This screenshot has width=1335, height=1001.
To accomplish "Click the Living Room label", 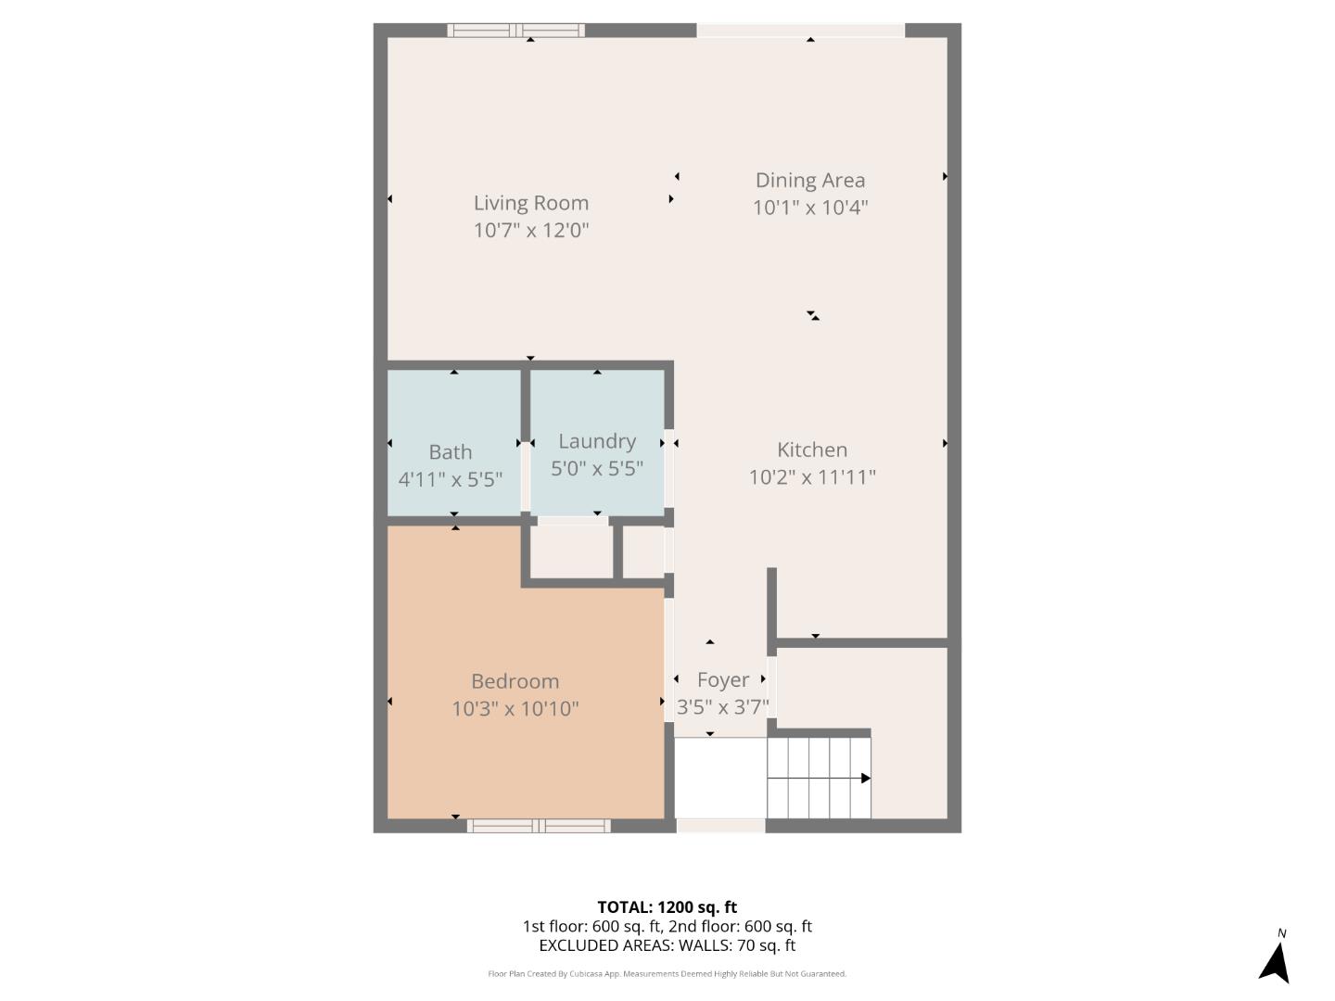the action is (531, 202).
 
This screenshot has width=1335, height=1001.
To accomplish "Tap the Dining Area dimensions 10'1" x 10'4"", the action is (810, 208).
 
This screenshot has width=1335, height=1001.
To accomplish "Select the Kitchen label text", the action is (812, 450).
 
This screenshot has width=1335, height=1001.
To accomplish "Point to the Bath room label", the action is (450, 452).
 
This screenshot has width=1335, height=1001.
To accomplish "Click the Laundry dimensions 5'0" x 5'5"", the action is (597, 469).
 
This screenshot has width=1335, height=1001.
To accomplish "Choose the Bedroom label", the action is (515, 681).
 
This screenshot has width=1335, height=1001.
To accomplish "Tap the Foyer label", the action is (722, 679).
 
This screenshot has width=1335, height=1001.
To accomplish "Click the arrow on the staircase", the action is (819, 778).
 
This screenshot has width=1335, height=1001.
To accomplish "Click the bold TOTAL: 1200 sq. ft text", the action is (667, 906).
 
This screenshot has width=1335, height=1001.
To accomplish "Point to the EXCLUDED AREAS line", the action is (667, 945).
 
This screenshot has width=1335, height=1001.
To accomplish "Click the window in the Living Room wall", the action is (515, 31).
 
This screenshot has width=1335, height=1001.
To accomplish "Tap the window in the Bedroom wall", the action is (539, 825).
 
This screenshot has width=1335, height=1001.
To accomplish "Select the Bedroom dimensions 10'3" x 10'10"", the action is (515, 709).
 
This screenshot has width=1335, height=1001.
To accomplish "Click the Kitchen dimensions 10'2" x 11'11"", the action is (812, 477).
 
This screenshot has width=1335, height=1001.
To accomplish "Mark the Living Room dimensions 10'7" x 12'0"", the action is (531, 231).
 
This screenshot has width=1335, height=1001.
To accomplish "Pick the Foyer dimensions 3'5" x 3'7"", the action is (722, 707).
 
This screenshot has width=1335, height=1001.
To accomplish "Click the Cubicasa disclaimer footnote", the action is (667, 973).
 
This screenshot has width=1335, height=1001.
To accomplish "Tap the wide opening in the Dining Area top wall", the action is (800, 31).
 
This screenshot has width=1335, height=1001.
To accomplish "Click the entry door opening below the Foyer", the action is (720, 825).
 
